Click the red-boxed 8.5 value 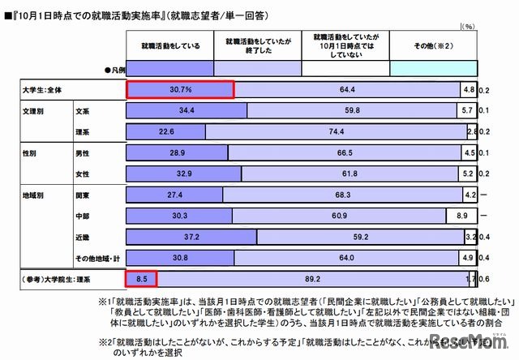(141, 279)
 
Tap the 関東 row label (84, 195)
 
